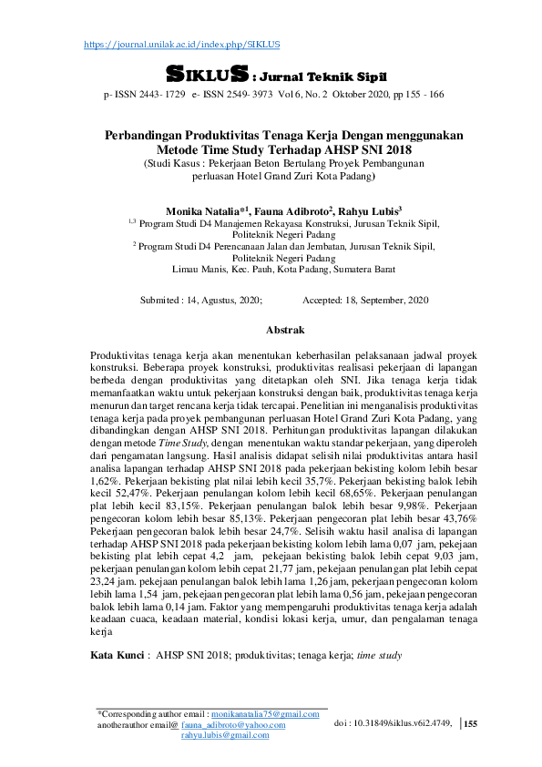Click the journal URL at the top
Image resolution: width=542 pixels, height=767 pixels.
pyautogui.click(x=181, y=44)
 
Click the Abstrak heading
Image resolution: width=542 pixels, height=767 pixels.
pyautogui.click(x=284, y=330)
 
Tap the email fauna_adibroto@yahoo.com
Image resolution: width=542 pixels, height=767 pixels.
pyautogui.click(x=233, y=724)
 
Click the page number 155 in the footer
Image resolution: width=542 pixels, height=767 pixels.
pyautogui.click(x=470, y=723)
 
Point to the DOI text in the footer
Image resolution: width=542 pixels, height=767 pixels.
pyautogui.click(x=393, y=723)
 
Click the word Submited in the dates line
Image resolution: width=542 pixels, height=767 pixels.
pyautogui.click(x=160, y=300)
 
